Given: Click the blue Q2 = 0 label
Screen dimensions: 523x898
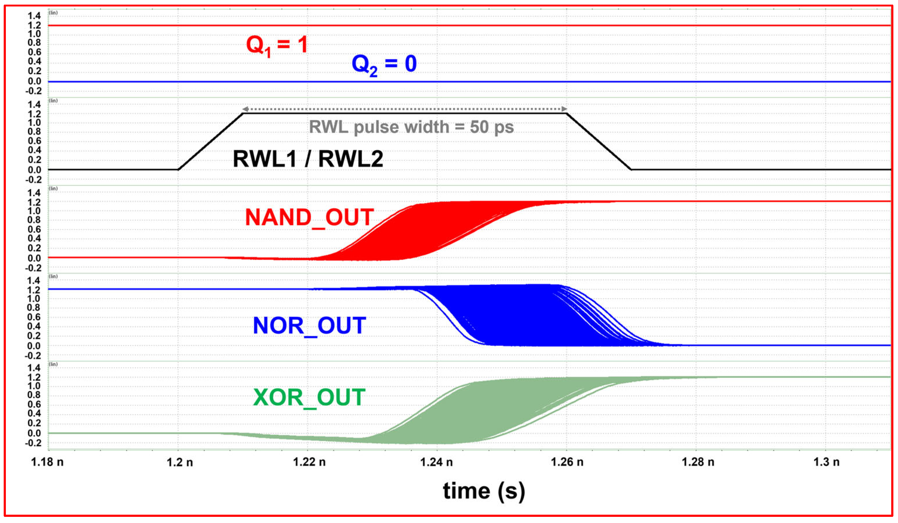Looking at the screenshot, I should coord(384,65).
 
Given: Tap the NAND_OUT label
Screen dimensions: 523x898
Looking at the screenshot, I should coord(309,217).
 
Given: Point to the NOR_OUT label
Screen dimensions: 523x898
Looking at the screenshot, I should coord(309,326).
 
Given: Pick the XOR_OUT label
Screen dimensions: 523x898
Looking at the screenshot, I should coord(309,398).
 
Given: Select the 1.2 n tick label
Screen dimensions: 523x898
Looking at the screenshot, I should coord(180,462).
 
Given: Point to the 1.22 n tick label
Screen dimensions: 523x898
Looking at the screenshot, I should coord(309,462).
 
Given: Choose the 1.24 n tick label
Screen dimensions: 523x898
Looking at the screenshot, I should coord(436,462).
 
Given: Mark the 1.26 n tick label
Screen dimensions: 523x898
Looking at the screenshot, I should coord(567,462).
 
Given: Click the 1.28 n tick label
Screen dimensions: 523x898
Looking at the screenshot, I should coord(697,462).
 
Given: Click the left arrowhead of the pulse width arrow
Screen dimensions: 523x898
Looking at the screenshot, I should coord(245,109).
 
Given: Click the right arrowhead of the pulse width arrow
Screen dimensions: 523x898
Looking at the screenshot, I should coord(564,109).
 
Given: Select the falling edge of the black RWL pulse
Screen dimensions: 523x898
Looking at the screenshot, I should coord(599,141).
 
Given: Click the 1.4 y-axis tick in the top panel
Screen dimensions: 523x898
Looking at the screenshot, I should coord(35,16).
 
